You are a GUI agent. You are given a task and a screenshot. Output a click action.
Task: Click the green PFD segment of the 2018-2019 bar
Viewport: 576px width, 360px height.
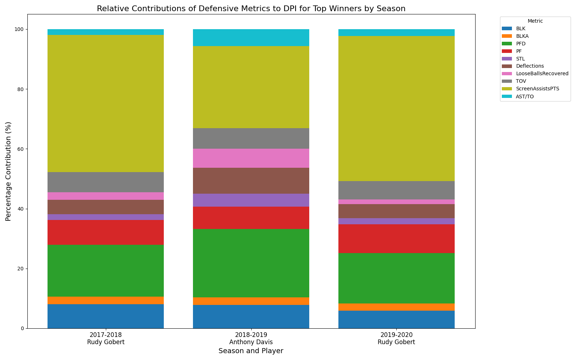tap(251, 263)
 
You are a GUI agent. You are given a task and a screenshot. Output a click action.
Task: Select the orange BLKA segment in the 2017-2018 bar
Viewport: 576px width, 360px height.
tap(105, 300)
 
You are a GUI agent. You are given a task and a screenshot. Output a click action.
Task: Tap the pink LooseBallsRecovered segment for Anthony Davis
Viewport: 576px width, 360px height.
tap(251, 158)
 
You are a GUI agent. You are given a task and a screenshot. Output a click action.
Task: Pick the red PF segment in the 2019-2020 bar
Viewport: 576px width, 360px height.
tap(396, 239)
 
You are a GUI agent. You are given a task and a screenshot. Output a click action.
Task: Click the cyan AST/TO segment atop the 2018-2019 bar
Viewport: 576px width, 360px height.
tap(251, 37)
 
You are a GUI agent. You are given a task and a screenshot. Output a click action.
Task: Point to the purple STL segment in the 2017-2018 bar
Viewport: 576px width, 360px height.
tap(105, 217)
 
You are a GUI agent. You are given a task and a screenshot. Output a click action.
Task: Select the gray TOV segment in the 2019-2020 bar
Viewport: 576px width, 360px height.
tap(396, 190)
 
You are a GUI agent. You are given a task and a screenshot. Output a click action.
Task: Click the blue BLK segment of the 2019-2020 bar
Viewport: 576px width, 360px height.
tap(396, 319)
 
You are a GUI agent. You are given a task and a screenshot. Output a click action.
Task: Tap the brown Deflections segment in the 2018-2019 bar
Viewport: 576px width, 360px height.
tap(251, 181)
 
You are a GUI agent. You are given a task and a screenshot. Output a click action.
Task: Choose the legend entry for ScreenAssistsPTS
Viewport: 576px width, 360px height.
tap(537, 89)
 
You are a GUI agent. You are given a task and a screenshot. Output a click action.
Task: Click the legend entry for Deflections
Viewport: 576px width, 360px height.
tap(530, 66)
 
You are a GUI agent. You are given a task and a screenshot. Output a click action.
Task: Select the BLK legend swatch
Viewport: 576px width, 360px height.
tap(507, 28)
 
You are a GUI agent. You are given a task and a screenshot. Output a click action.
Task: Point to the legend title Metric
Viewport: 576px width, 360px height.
tap(535, 21)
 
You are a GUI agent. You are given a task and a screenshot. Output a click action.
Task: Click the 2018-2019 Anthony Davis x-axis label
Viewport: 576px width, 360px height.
tap(251, 339)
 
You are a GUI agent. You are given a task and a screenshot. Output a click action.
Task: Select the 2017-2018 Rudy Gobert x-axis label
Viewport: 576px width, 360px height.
tap(105, 339)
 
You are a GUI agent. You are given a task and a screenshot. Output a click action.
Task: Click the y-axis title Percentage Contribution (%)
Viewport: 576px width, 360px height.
tap(8, 171)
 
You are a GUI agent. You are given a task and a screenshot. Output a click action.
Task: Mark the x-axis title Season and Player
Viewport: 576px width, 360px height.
tap(251, 351)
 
